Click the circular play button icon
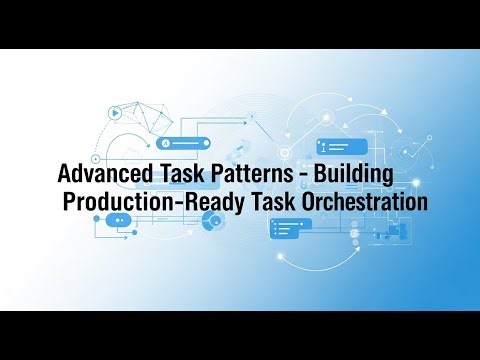pos(117,113)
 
